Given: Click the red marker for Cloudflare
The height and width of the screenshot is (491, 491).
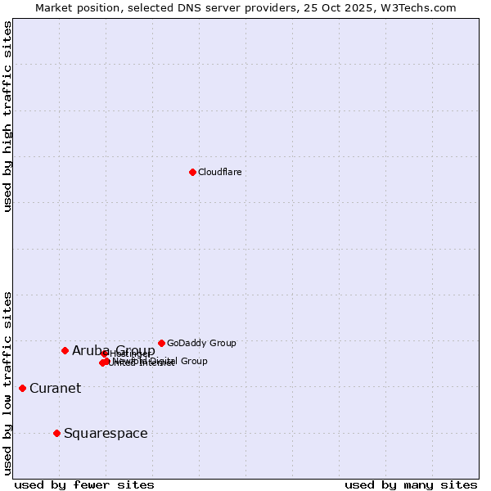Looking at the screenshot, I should click(192, 172).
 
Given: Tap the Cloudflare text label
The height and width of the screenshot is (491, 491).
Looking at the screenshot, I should click(220, 172).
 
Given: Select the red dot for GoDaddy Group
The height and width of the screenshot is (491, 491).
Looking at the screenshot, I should click(161, 343).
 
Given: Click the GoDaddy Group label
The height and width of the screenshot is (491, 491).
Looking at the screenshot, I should click(201, 343).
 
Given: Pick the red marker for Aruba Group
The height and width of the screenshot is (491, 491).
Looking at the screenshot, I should click(65, 350).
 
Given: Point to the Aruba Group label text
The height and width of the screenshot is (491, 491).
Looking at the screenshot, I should click(113, 351).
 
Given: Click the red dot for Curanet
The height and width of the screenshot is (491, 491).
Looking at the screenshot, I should click(22, 388).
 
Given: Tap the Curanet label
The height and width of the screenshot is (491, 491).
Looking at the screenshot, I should click(55, 389).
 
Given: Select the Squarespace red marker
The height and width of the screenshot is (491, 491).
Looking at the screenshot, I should click(56, 433).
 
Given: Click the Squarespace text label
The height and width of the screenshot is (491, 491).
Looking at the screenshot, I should click(106, 434).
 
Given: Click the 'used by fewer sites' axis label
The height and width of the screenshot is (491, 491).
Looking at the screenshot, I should click(84, 484).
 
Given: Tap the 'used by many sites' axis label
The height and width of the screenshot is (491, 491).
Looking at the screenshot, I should click(411, 484).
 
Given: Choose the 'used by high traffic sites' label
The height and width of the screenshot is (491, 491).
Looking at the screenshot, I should click(7, 117).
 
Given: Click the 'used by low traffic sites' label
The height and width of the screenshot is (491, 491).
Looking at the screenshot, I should click(7, 383).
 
